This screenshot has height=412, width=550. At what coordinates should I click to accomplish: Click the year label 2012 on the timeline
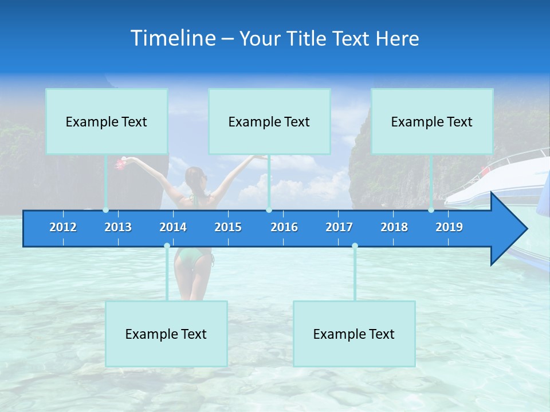[63, 227]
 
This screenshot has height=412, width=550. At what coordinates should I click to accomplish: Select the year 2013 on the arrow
[118, 227]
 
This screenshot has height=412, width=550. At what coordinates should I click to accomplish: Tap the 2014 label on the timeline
[173, 227]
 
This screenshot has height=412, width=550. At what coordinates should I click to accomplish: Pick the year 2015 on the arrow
[228, 227]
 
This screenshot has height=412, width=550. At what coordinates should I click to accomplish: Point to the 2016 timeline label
[284, 227]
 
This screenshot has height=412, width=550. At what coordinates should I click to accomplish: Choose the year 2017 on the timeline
[339, 227]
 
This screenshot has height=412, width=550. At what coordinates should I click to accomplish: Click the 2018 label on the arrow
[394, 227]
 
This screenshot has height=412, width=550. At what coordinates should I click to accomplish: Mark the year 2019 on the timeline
[449, 227]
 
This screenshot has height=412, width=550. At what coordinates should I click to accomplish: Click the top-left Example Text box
[107, 121]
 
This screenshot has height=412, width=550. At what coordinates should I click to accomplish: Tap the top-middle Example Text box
[269, 121]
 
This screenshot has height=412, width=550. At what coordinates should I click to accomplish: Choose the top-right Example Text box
[432, 121]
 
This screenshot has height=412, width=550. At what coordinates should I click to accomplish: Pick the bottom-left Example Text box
[166, 334]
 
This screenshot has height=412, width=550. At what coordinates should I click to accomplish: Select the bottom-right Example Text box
[354, 334]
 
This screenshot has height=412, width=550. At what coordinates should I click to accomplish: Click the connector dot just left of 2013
[105, 210]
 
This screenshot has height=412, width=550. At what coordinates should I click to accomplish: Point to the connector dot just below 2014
[167, 246]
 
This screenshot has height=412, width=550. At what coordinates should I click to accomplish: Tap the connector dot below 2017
[355, 246]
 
